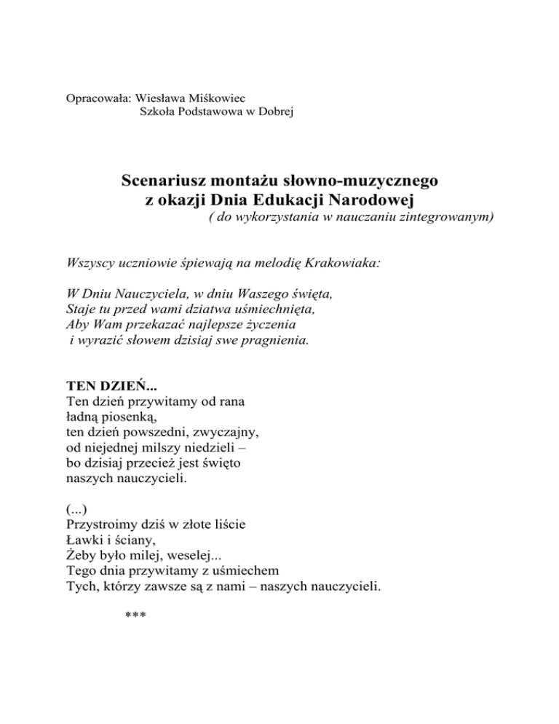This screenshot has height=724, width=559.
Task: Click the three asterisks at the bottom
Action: [135, 616]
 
